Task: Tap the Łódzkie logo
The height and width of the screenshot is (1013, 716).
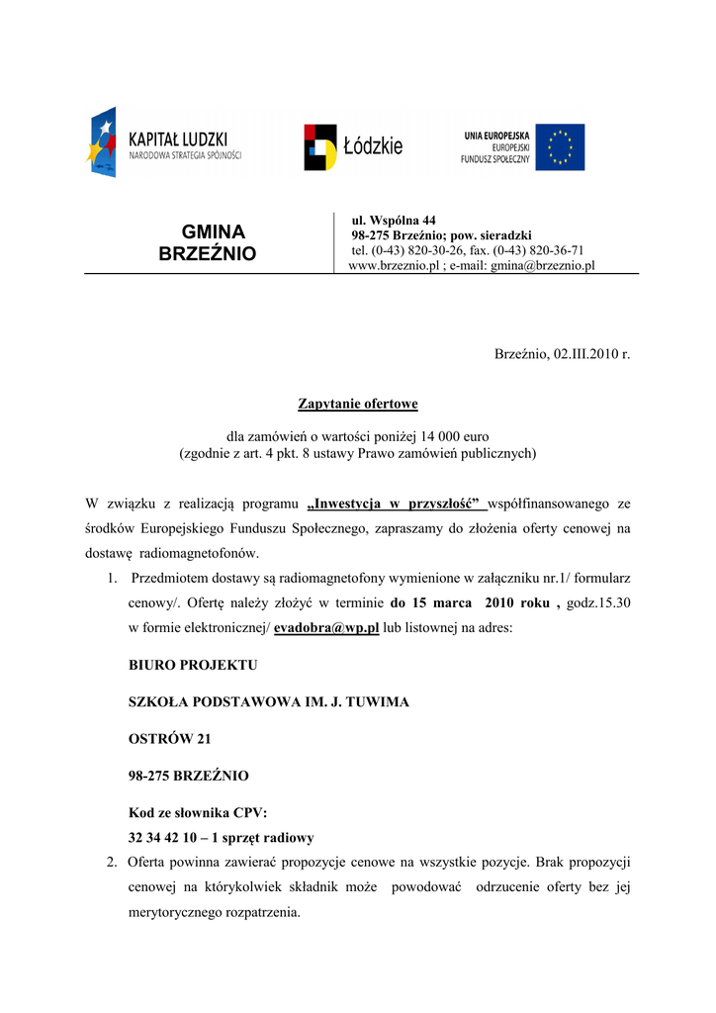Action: (353, 146)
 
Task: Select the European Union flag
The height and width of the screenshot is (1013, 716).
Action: (560, 146)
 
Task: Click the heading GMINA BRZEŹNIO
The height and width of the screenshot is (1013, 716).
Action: (208, 243)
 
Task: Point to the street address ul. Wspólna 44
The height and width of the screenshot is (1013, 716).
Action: (394, 220)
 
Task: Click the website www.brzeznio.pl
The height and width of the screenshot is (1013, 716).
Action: (395, 265)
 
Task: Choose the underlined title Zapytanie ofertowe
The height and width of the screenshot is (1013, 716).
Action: (358, 404)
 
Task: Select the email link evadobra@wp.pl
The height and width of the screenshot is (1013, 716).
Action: (326, 628)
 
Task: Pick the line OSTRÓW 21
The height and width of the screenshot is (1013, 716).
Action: (170, 738)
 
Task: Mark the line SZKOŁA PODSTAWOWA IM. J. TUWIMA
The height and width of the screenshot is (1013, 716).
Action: (269, 701)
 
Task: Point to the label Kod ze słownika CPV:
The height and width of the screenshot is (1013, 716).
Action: (198, 813)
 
